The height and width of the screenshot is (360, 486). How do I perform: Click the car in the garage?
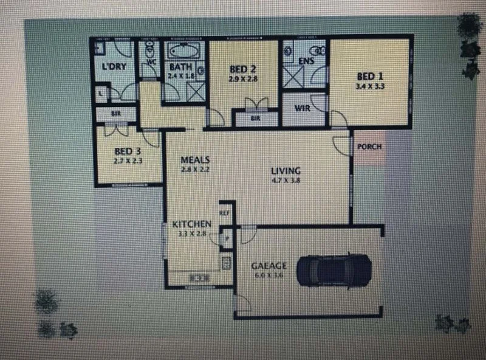tap(334, 269)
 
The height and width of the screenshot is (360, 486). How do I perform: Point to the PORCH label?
tap(369, 147)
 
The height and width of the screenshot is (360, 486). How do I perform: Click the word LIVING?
tap(286, 171)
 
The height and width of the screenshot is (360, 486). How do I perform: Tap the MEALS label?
tap(195, 160)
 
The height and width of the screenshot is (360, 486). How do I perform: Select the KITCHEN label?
tap(191, 224)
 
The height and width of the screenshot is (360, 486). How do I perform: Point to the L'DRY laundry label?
tap(114, 66)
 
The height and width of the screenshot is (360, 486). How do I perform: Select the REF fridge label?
tap(224, 213)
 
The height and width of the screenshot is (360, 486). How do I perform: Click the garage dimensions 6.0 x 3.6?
tap(265, 275)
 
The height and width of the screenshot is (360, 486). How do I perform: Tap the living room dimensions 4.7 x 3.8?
tap(286, 180)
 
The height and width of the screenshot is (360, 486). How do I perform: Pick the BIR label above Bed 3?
tap(115, 113)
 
